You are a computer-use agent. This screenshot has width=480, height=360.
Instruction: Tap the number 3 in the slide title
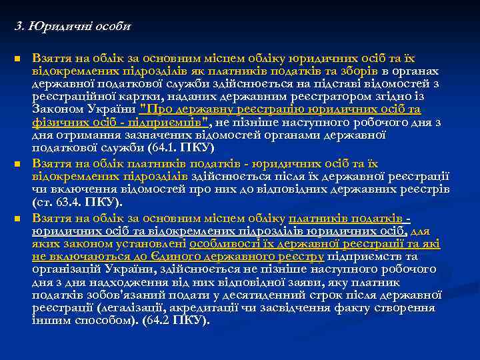18,27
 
